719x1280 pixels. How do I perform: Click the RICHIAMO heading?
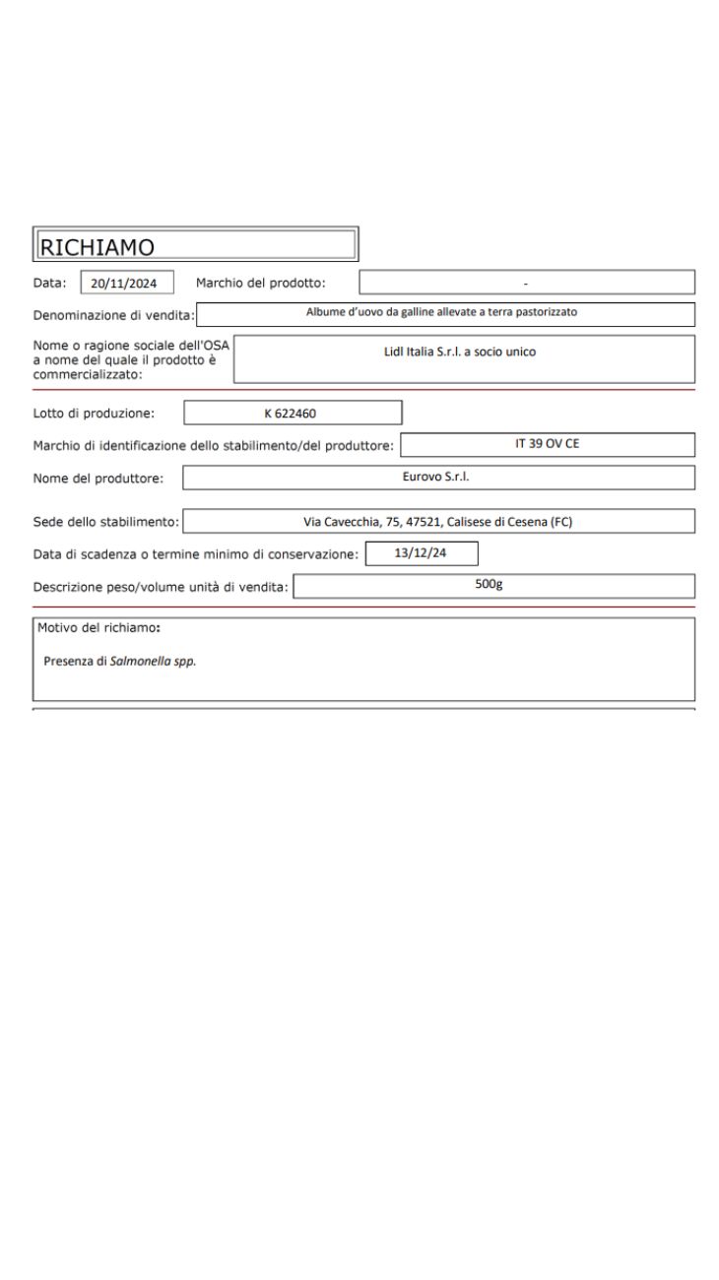coord(97,245)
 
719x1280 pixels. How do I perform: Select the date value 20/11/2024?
coord(124,284)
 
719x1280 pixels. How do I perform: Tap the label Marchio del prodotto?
coord(260,284)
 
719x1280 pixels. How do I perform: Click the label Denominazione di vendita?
coord(113,315)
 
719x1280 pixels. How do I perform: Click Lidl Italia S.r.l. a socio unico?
coord(460,352)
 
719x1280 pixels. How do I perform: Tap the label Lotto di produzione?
coord(94,413)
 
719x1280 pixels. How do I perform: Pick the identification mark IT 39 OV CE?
coord(547,444)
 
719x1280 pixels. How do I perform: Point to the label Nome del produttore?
coord(98,479)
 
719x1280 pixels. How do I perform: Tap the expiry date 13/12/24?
coord(421,552)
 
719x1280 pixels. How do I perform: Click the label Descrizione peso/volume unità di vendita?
coord(160,588)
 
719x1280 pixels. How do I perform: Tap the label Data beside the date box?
coord(51,284)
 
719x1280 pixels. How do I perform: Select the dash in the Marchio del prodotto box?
coord(526,284)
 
